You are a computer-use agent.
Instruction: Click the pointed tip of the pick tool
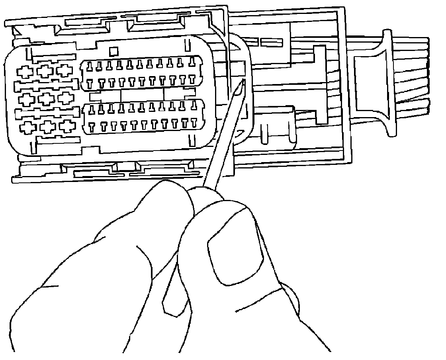point(243,81)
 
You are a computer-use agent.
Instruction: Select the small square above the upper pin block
point(113,51)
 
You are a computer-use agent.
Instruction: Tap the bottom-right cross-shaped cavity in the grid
point(67,126)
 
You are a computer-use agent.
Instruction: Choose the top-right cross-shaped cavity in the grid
point(64,70)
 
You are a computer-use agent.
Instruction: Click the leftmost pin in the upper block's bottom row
point(90,83)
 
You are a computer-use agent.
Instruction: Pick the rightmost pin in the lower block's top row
point(194,105)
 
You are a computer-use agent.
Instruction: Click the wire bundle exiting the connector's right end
point(414,76)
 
